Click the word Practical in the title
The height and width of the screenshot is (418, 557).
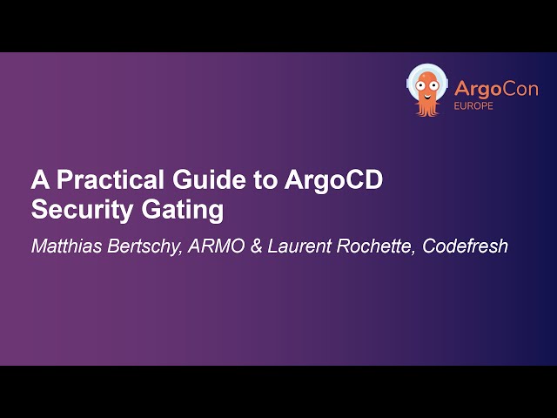point(97,181)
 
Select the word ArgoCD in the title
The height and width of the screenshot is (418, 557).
point(333,181)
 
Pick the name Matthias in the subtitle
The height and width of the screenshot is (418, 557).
point(65,246)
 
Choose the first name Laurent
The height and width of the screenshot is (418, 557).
point(300,246)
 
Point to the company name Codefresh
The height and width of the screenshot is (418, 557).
point(465,246)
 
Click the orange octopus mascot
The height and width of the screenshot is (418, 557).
point(426,91)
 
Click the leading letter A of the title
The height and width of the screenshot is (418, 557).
point(39,181)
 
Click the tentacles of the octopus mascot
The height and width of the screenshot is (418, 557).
point(426,108)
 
